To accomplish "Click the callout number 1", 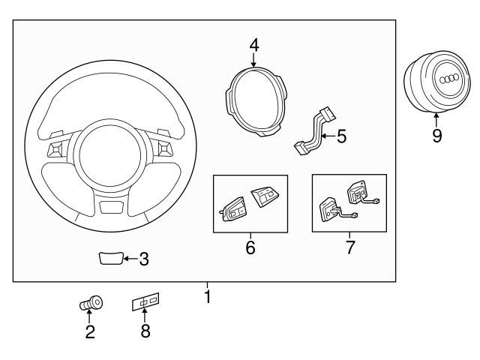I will [208, 297].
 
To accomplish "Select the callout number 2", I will [90, 331].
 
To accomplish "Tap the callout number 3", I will [144, 259].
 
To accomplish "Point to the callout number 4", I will [254, 46].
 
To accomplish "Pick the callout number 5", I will [342, 136].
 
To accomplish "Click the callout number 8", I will [145, 331].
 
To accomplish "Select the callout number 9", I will [436, 136].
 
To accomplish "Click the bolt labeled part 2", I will [91, 304].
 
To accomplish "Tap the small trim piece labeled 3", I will [110, 259].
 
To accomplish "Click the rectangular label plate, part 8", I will [145, 302].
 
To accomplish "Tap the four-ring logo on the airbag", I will [449, 79].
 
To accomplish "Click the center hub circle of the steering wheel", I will [110, 150].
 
